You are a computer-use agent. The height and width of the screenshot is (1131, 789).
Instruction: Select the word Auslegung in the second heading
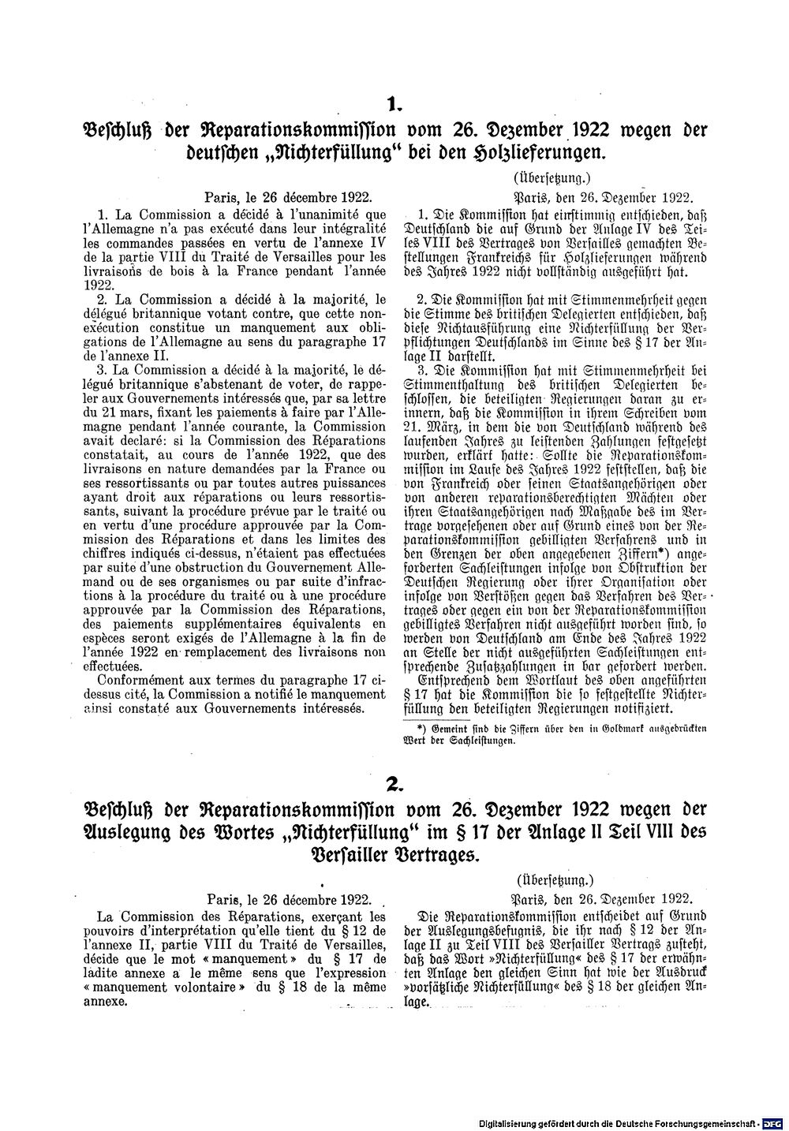(134, 832)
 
